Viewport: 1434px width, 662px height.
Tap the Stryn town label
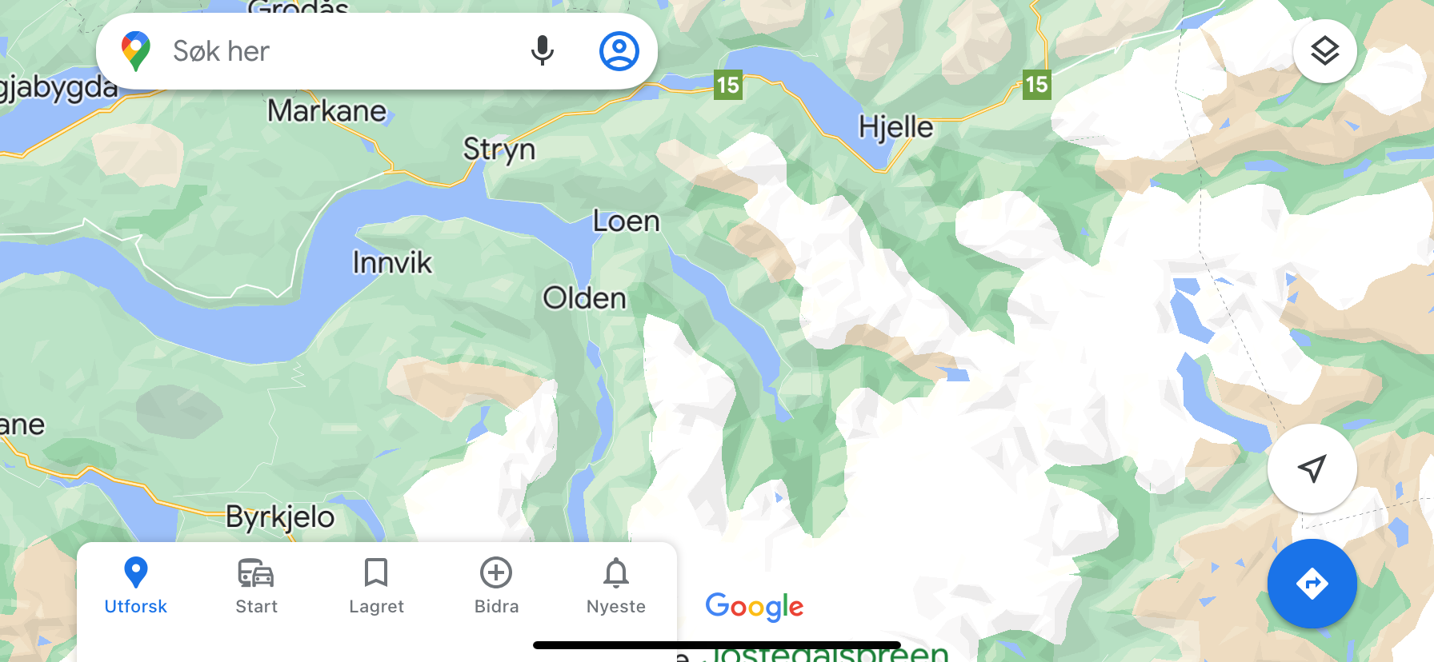[x=499, y=150]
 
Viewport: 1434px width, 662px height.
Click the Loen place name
[x=626, y=221]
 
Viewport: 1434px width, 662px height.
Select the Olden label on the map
[x=584, y=298]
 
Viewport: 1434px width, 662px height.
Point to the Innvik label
[x=392, y=262]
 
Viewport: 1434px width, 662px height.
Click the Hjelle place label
[x=895, y=127]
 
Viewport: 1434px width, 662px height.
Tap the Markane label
[x=326, y=111]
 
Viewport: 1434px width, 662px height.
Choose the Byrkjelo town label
[x=280, y=516]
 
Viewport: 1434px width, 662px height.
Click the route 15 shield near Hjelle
[x=1036, y=84]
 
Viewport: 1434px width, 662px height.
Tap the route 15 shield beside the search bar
[x=727, y=85]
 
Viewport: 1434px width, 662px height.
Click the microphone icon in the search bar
[x=542, y=51]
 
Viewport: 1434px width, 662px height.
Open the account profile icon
[x=619, y=51]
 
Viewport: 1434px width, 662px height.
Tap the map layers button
[x=1324, y=51]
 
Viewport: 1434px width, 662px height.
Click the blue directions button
[x=1312, y=584]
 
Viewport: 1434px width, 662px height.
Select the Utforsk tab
[x=136, y=585]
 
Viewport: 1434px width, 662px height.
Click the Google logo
[x=754, y=607]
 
